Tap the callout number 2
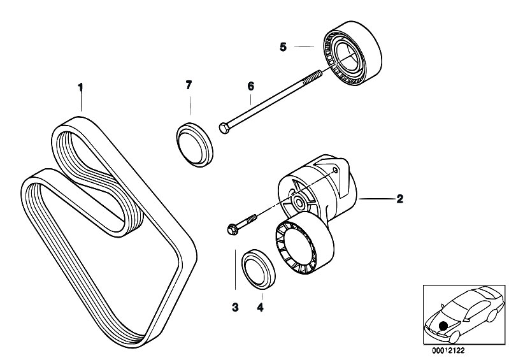[399, 199]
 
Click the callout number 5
[283, 47]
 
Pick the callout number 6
[250, 85]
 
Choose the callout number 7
[188, 85]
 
